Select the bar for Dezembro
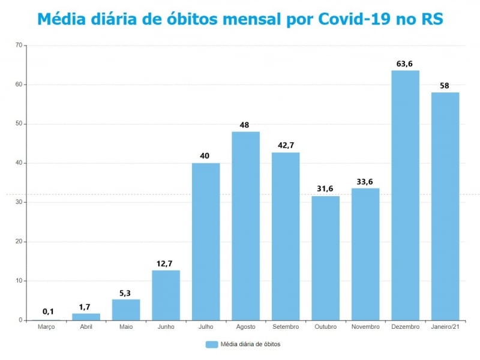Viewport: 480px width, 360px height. [406, 195]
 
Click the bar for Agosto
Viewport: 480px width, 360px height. [246, 226]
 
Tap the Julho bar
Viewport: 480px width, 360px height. [206, 241]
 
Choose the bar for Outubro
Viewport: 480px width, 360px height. [326, 258]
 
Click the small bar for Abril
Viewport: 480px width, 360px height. [86, 317]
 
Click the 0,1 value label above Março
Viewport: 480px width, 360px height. [48, 311]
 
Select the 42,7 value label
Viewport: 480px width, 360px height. [286, 146]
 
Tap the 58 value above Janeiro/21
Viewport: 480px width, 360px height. [445, 86]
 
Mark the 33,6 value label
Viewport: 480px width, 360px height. [365, 182]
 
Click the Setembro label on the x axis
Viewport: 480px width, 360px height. [286, 326]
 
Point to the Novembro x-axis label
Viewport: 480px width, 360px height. [365, 326]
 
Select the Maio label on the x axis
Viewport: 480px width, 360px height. [126, 326]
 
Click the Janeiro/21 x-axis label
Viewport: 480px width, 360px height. [445, 326]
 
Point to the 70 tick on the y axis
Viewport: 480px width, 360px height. [19, 46]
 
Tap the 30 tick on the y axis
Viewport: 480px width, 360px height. [19, 203]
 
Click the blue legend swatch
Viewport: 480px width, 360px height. [211, 344]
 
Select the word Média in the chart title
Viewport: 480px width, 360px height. [58, 19]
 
